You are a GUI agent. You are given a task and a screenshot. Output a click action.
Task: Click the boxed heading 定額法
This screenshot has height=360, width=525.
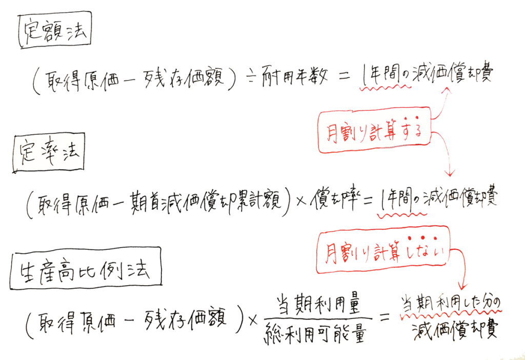pos(54,30)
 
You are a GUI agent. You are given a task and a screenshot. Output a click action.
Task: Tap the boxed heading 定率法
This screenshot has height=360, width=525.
pos(49,153)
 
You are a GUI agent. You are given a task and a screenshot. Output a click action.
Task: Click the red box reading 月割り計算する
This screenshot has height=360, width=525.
pos(374,130)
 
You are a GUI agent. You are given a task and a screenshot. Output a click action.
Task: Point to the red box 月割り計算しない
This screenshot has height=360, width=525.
pos(382,250)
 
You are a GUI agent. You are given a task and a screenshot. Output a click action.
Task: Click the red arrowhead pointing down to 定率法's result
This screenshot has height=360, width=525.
pos(450,173)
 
